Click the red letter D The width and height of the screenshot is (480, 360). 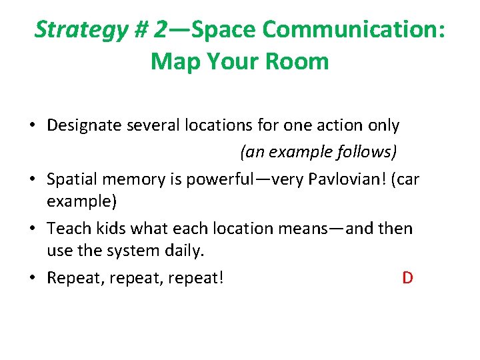tap(407, 277)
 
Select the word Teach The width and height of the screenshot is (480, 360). tap(65, 229)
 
